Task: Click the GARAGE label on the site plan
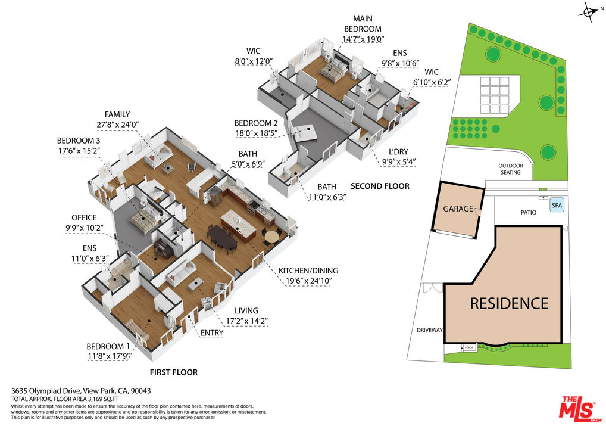pos(457,209)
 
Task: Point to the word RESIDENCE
pos(509,303)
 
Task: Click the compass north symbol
pos(589,12)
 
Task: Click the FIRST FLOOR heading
pos(173,372)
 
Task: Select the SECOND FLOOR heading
pos(380,186)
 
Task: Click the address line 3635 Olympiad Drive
pos(80,391)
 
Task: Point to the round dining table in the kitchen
pos(271,236)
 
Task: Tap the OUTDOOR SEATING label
pos(510,169)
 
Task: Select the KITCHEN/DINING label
pos(308,271)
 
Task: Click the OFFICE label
pos(84,217)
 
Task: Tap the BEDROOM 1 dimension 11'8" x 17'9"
pos(108,356)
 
